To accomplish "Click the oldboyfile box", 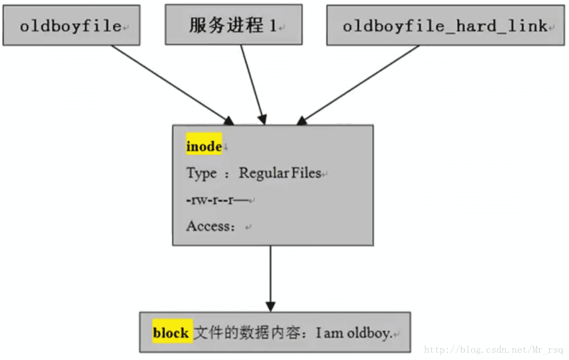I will (71, 25).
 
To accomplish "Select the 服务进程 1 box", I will (233, 25).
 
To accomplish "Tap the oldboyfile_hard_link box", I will (445, 26).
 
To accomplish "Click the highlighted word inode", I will (204, 147).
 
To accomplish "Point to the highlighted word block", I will (171, 333).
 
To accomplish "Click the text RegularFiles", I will (280, 173).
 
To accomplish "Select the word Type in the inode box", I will (202, 173).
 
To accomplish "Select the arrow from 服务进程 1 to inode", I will (253, 82).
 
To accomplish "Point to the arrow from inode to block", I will (270, 273).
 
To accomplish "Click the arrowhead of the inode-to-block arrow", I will (270, 305).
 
